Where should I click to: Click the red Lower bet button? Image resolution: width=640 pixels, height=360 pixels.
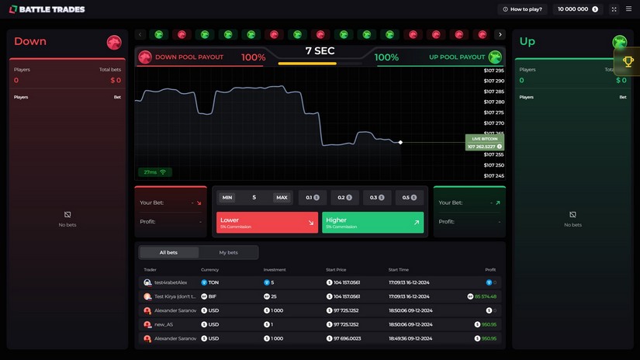point(267,223)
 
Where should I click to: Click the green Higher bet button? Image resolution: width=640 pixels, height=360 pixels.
point(372,223)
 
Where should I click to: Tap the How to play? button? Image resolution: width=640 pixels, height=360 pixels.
point(523,9)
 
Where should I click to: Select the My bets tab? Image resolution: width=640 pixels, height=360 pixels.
point(228,252)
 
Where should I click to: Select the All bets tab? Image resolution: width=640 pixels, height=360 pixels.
point(168,252)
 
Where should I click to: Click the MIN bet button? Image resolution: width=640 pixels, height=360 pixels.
point(227,197)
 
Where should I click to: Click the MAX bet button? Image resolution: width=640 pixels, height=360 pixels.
point(282,197)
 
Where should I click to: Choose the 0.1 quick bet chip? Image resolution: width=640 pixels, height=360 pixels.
point(313,197)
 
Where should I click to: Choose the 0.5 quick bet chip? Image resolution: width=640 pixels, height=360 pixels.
point(410,197)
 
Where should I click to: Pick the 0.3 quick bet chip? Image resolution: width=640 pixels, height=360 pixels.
point(377,197)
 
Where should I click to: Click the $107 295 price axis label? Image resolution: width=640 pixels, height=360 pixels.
point(493,71)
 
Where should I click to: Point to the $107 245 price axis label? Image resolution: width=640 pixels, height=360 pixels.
point(493,175)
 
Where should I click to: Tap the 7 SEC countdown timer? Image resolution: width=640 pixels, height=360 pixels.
point(320,51)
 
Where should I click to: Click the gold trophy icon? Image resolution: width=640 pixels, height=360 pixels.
point(628,61)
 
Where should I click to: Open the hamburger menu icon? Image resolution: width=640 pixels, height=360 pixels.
point(628,9)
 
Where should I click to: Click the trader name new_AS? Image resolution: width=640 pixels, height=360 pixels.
point(164,324)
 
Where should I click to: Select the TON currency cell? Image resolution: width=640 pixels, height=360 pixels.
point(210,282)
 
